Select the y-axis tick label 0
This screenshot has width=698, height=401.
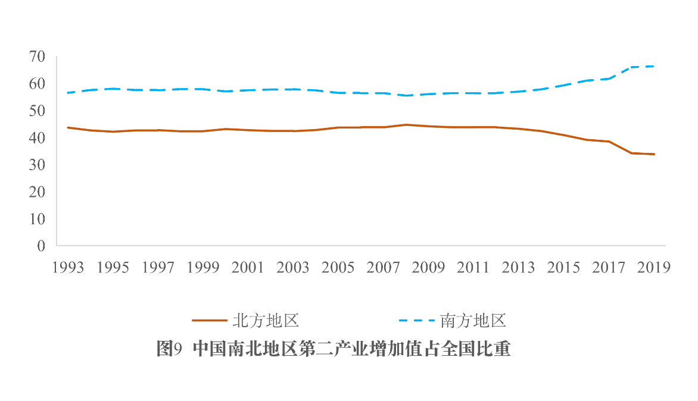[41, 246]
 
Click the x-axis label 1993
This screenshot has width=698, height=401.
[68, 268]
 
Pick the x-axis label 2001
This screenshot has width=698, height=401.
[248, 268]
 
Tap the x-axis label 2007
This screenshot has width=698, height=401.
[384, 268]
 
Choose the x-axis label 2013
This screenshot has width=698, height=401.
[519, 268]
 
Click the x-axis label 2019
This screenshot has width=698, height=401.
[654, 268]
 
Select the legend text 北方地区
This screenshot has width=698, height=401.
[265, 321]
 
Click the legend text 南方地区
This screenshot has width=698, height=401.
[473, 321]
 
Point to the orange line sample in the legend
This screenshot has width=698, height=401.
[210, 321]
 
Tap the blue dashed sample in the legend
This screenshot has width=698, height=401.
[417, 321]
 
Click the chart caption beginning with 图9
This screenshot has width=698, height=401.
[334, 349]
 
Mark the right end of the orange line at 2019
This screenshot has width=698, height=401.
[655, 154]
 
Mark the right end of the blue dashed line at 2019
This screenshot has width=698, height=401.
[655, 66]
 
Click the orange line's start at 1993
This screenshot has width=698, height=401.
[68, 127]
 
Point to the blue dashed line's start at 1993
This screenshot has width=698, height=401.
[68, 93]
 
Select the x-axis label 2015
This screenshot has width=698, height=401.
[564, 268]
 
